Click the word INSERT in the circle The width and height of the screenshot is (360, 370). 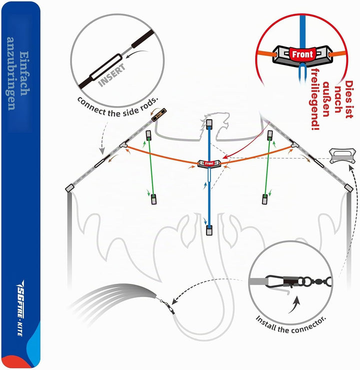[111, 76]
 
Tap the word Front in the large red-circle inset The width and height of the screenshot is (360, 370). [302, 55]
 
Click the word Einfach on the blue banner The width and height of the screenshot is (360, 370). [24, 74]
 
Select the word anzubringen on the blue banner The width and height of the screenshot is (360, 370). [11, 74]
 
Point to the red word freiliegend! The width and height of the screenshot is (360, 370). [315, 99]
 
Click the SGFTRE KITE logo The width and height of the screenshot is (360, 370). [20, 308]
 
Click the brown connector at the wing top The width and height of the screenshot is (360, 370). [159, 115]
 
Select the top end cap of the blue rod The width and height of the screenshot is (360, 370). [209, 124]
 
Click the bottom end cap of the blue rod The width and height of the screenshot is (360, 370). [209, 230]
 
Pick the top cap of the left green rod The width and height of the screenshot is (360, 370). [148, 135]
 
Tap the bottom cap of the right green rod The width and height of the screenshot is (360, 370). [265, 199]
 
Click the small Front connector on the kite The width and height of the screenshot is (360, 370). [209, 164]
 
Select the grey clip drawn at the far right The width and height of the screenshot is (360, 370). [342, 156]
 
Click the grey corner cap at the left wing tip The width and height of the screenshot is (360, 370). [69, 188]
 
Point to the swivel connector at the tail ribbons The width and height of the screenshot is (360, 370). [168, 307]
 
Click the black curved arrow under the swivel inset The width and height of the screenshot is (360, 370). [294, 305]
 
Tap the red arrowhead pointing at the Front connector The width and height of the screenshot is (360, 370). [224, 157]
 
